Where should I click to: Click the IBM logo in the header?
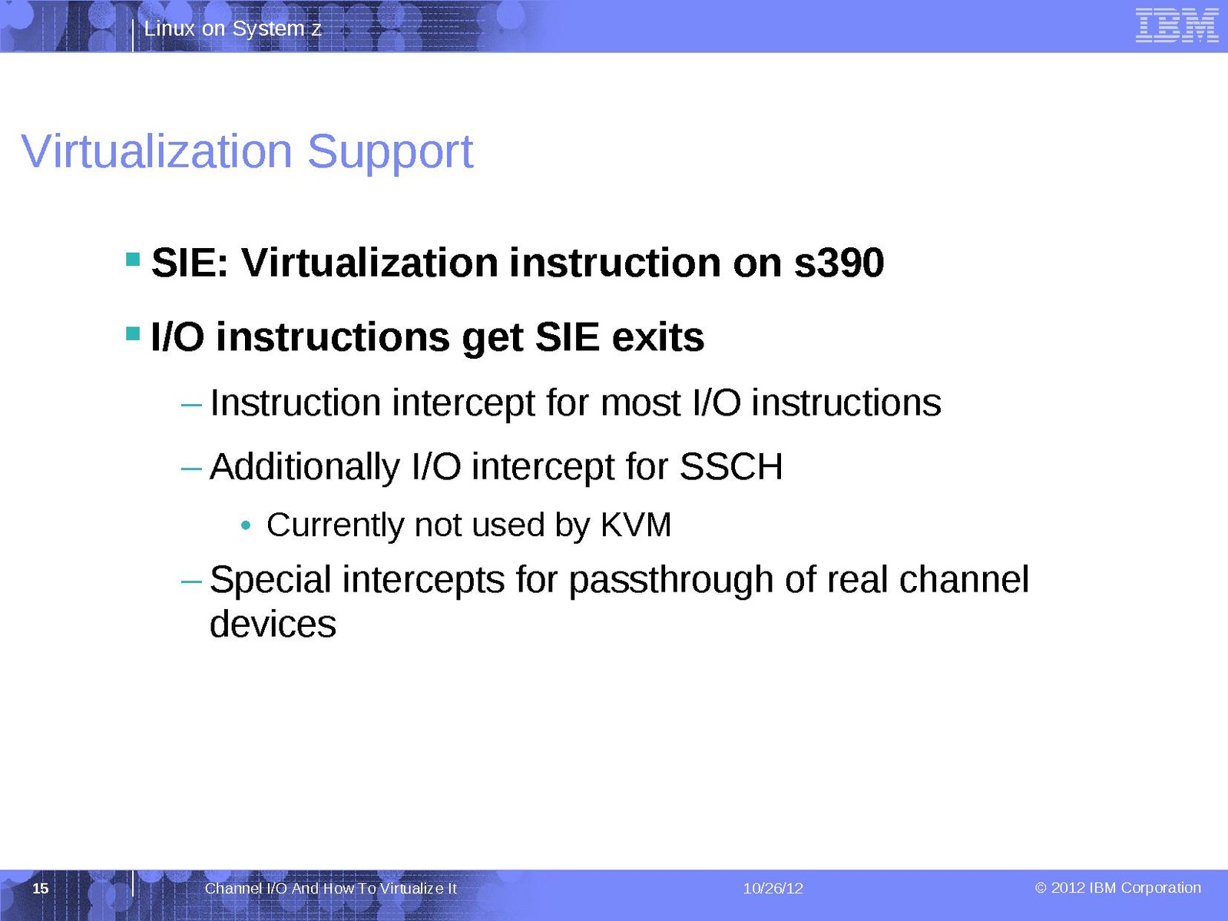(x=1177, y=26)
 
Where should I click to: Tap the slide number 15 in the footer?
(x=40, y=889)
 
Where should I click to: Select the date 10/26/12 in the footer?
(x=773, y=889)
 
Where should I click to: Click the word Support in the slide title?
(x=390, y=153)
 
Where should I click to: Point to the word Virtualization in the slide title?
(x=157, y=151)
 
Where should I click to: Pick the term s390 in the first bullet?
(x=839, y=263)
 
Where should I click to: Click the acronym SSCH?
(x=730, y=466)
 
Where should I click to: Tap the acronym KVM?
(x=636, y=525)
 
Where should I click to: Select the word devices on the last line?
(x=273, y=623)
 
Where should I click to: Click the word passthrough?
(x=670, y=580)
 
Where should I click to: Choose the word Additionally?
(x=306, y=467)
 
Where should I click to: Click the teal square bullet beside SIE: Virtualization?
(x=133, y=260)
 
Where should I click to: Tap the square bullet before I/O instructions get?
(x=133, y=333)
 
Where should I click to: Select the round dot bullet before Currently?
(x=246, y=525)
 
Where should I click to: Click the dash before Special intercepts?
(x=191, y=582)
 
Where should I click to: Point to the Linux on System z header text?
(x=233, y=28)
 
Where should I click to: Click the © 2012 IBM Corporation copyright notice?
(x=1117, y=888)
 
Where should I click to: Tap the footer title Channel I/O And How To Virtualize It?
(x=331, y=889)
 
